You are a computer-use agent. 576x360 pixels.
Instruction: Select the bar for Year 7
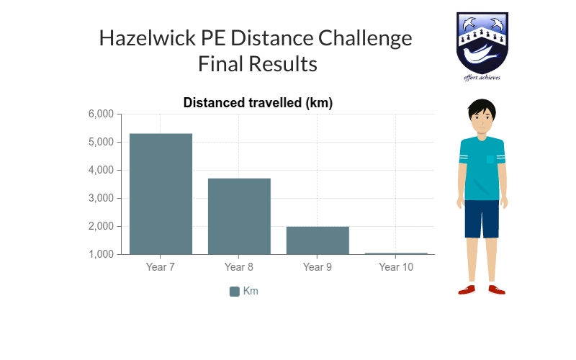coord(161,194)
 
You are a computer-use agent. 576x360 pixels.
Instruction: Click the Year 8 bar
coord(239,216)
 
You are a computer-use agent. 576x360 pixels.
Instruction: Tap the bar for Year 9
coord(318,240)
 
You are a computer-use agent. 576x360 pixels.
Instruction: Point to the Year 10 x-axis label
coord(396,268)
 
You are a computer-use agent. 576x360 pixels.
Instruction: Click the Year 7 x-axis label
coord(161,268)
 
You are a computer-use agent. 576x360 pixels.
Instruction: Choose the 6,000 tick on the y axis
coord(102,114)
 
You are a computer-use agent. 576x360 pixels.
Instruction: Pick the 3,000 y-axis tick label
coord(102,199)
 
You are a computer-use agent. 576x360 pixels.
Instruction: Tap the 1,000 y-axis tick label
coord(102,255)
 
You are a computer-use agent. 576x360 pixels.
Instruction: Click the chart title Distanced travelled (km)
coord(258,103)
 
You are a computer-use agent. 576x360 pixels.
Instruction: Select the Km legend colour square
coord(234,292)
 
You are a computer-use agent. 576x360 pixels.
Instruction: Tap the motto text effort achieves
coord(482,77)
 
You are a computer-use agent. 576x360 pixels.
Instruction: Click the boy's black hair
coord(482,108)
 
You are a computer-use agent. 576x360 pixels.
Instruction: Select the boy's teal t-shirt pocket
coord(490,159)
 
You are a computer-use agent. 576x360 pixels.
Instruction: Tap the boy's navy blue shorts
coord(482,218)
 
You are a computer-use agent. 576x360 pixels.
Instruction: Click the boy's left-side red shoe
coord(467,289)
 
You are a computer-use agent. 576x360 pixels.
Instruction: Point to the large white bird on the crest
coord(481,55)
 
